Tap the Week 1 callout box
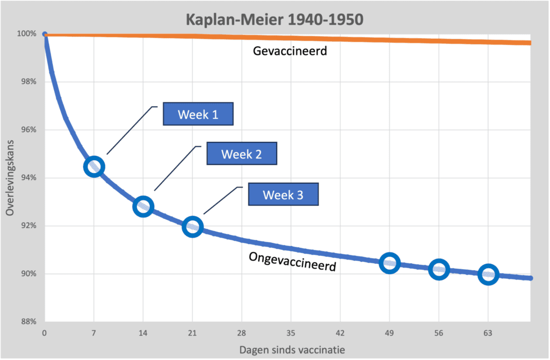[198, 114]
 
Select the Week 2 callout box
[242, 154]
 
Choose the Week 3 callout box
[283, 195]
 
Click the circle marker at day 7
[94, 167]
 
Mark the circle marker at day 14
[143, 206]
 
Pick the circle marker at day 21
[192, 227]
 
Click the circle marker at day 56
[439, 269]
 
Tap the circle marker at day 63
[488, 275]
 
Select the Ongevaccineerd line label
[292, 262]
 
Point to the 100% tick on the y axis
[26, 34]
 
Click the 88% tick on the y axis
[28, 321]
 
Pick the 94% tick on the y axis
[28, 178]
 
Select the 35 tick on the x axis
[291, 333]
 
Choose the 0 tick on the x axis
[45, 333]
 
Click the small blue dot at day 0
[45, 34]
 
